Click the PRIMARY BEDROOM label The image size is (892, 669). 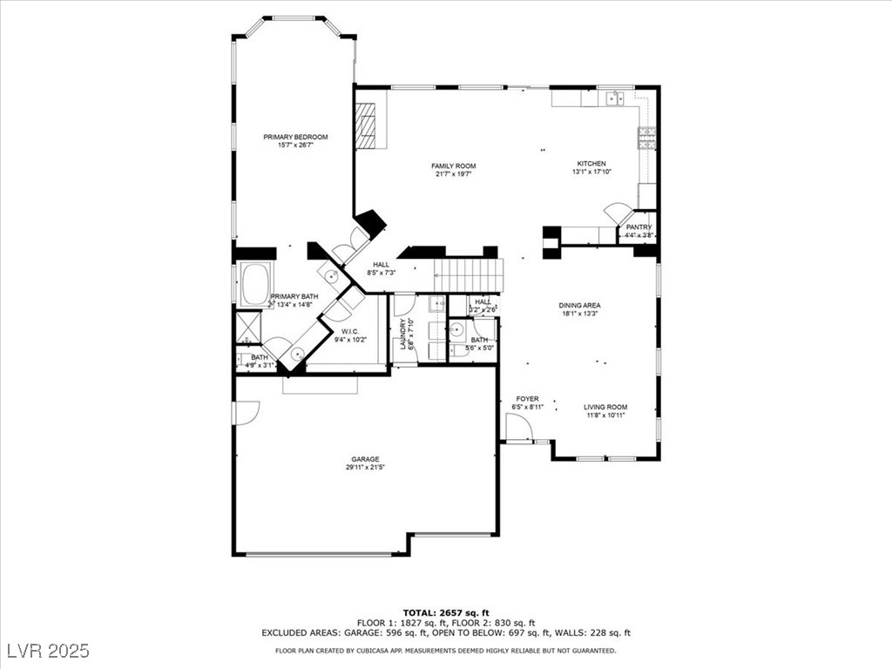(x=296, y=138)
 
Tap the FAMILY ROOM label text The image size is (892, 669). (x=454, y=166)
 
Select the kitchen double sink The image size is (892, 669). (x=618, y=98)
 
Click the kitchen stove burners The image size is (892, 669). (x=647, y=139)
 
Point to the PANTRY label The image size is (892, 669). (x=639, y=227)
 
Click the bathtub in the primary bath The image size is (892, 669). (x=254, y=286)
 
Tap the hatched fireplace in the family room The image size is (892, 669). (x=366, y=126)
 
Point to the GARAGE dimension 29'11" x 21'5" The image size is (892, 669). (x=366, y=468)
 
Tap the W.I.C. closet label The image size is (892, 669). (x=350, y=331)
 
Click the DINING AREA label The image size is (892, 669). (x=579, y=306)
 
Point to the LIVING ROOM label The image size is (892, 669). (x=605, y=407)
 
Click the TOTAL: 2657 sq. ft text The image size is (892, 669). (x=445, y=612)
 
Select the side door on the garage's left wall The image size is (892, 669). (x=246, y=412)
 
